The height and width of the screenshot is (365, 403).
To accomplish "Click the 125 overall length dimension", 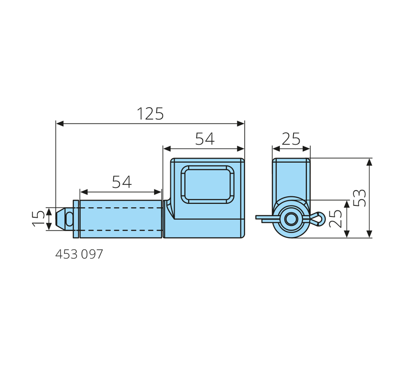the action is pyautogui.click(x=150, y=114).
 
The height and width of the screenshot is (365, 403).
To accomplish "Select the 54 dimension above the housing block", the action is pyautogui.click(x=205, y=139).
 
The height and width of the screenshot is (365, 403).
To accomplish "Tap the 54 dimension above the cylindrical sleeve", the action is pyautogui.click(x=122, y=182).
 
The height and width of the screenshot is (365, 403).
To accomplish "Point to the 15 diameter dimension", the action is pyautogui.click(x=39, y=219).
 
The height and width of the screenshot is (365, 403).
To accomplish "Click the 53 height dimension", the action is pyautogui.click(x=359, y=198).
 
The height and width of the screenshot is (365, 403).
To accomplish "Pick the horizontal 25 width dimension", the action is pyautogui.click(x=291, y=139).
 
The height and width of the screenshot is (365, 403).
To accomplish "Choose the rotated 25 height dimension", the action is pyautogui.click(x=336, y=219).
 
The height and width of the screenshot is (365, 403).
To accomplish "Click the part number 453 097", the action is pyautogui.click(x=79, y=254).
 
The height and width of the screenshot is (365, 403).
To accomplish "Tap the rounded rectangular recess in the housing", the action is pyautogui.click(x=207, y=185).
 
